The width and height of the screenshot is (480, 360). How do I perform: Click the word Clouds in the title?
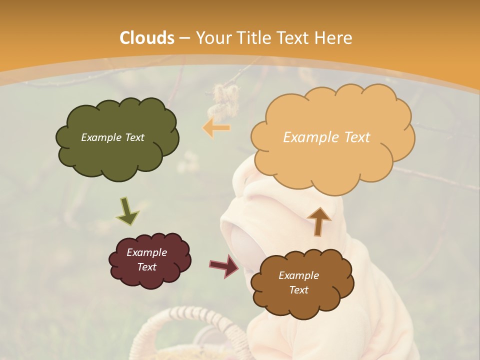click(x=147, y=38)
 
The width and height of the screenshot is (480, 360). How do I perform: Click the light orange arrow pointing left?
click(x=216, y=128)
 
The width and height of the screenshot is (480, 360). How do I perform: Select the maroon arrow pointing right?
click(x=224, y=265)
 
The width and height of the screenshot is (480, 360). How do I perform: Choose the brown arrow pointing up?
click(x=318, y=221)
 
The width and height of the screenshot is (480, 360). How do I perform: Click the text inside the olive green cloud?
click(x=112, y=137)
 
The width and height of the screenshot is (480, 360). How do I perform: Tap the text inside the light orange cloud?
click(x=326, y=137)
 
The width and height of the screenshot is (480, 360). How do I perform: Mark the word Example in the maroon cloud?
click(x=146, y=252)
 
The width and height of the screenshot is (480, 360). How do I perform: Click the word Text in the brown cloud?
click(x=298, y=290)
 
